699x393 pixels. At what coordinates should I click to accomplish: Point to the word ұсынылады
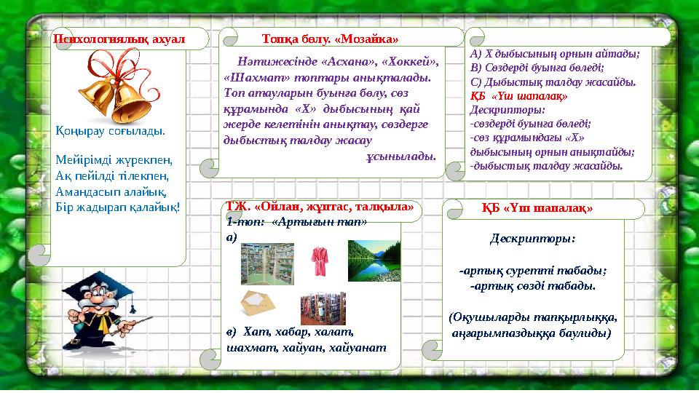point(400,155)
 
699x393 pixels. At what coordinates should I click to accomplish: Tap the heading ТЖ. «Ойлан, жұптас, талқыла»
point(320,207)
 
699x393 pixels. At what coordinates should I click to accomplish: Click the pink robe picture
point(320,261)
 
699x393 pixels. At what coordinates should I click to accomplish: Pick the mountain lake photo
point(374,260)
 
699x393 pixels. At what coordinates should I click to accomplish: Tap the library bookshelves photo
point(323,307)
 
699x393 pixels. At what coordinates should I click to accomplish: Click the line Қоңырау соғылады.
point(110,132)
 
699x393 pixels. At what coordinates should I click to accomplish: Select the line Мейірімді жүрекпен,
point(112,161)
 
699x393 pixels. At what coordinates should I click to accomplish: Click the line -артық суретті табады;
point(533,271)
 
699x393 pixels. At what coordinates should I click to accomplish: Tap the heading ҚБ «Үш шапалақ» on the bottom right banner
point(537,208)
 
